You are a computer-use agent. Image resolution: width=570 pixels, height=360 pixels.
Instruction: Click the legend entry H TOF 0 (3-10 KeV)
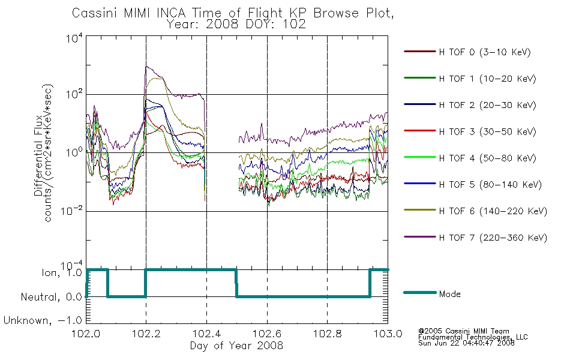(x=485, y=52)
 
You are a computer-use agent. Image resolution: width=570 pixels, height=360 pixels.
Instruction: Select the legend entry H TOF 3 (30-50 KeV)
(x=487, y=131)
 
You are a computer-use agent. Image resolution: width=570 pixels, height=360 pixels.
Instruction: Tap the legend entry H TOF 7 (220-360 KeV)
(x=493, y=238)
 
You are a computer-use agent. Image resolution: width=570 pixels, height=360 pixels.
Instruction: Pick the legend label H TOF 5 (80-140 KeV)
(x=490, y=185)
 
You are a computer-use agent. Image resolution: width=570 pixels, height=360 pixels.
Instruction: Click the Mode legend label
(x=449, y=294)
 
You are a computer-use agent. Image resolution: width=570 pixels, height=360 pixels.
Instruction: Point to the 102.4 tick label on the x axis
(x=206, y=334)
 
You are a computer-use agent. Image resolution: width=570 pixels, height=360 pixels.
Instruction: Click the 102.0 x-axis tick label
(x=86, y=334)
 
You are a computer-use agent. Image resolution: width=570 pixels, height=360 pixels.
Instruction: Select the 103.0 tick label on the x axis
(x=388, y=334)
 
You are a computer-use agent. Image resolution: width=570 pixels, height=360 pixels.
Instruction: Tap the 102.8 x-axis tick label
(x=327, y=334)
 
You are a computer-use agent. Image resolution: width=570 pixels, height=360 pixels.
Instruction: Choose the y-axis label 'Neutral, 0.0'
(x=51, y=297)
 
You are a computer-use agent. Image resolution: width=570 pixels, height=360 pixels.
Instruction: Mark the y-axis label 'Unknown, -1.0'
(x=43, y=320)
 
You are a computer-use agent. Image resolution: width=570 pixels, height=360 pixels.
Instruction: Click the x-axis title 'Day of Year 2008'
(x=236, y=346)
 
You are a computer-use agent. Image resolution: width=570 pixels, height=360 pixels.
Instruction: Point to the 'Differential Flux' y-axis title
(x=38, y=155)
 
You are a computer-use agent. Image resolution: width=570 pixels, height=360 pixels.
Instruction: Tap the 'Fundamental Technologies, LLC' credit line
(x=473, y=337)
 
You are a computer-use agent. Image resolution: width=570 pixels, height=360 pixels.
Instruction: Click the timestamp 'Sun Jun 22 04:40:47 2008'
(x=466, y=343)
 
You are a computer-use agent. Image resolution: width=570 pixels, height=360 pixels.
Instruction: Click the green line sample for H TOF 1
(x=420, y=78)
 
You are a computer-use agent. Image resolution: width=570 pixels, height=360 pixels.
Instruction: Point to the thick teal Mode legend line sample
(x=420, y=292)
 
